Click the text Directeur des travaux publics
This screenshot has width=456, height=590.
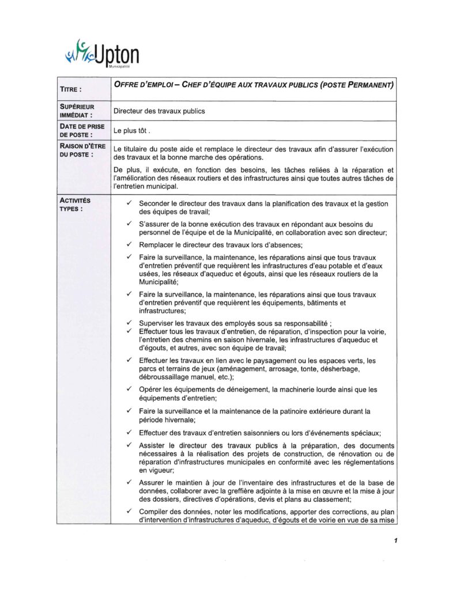(x=159, y=111)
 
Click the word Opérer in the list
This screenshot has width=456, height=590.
(x=151, y=389)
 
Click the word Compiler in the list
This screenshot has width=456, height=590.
(x=154, y=512)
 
